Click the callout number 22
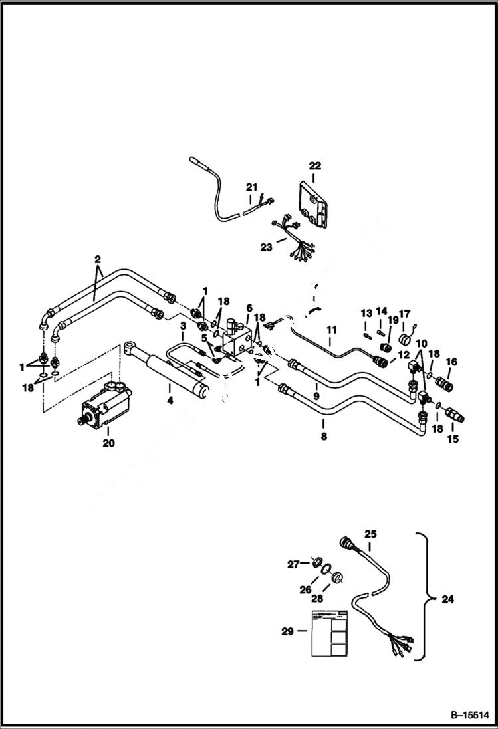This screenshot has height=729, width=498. [x=314, y=166]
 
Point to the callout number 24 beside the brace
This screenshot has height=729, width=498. [x=447, y=599]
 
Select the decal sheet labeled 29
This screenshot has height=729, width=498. [x=329, y=631]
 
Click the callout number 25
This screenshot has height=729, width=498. [x=370, y=534]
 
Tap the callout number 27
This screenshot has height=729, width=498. [x=293, y=564]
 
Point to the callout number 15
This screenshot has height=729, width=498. [x=454, y=439]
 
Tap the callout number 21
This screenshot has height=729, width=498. [x=251, y=187]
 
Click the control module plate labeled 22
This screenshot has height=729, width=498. [x=312, y=207]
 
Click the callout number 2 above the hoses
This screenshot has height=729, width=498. [x=97, y=259]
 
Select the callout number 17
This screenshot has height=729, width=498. [x=405, y=313]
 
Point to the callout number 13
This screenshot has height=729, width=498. [x=366, y=313]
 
